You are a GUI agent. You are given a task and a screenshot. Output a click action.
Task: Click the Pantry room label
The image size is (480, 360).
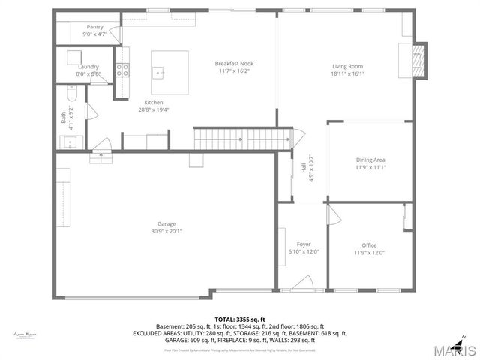pos(95,27)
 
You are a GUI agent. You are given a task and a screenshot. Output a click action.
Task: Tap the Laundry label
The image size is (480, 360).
pos(88,66)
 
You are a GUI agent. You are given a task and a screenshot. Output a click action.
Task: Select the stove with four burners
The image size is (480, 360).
pos(122,70)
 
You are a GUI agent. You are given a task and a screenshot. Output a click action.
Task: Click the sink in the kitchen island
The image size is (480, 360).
pos(159,73)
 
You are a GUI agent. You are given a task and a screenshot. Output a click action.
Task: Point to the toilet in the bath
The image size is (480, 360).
pos(70,94)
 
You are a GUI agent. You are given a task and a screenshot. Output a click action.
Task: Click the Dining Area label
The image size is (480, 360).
pos(370,160)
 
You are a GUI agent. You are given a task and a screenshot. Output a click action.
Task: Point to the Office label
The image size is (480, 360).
pos(369,244)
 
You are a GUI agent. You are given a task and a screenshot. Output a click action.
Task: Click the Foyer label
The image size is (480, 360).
pos(304,244)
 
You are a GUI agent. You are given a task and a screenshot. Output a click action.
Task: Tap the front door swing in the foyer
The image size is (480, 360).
pos(303,283)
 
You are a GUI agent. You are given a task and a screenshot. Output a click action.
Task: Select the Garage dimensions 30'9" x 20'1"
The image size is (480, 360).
pos(166,231)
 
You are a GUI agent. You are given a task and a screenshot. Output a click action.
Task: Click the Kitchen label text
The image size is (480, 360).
pos(154,103)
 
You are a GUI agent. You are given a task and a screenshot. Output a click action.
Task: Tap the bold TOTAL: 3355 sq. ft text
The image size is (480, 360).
pos(239,319)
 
